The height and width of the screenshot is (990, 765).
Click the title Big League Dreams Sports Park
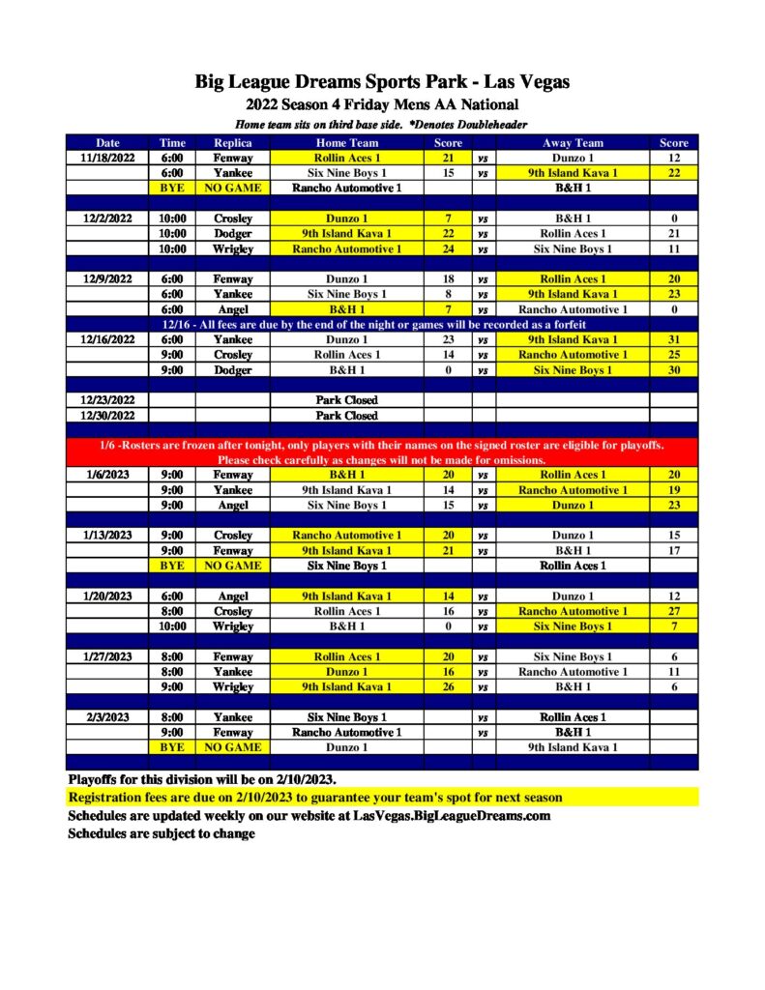pyautogui.click(x=382, y=82)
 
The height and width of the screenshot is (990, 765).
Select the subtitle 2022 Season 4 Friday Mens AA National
pyautogui.click(x=382, y=104)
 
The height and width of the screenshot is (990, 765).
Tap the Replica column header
pyautogui.click(x=232, y=143)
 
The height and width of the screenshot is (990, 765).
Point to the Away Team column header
pyautogui.click(x=573, y=143)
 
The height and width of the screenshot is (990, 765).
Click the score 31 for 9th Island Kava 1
pyautogui.click(x=673, y=339)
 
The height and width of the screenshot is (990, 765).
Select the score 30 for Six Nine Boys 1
pyautogui.click(x=673, y=370)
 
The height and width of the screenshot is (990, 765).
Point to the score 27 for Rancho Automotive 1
pyautogui.click(x=673, y=611)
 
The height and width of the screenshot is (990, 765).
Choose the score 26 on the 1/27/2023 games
pyautogui.click(x=448, y=687)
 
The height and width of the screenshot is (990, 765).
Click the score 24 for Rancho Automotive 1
pyautogui.click(x=448, y=248)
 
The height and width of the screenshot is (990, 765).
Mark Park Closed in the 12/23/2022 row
pyautogui.click(x=347, y=400)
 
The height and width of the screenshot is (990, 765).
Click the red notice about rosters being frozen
pyautogui.click(x=382, y=452)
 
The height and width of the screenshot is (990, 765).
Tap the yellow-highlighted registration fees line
pyautogui.click(x=315, y=798)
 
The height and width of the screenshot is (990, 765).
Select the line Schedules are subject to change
pyautogui.click(x=162, y=833)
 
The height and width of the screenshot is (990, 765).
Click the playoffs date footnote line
pyautogui.click(x=202, y=778)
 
